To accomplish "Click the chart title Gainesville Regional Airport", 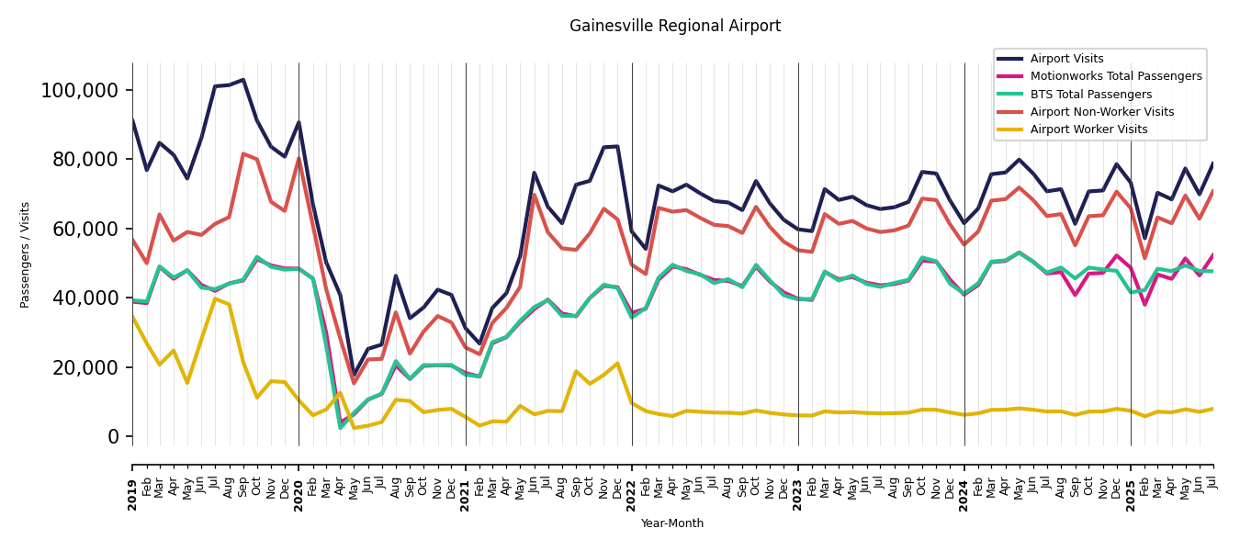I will (674, 27).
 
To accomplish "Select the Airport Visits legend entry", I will (1066, 59).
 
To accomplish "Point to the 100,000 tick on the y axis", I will (80, 90).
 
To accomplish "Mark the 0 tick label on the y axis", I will (114, 437).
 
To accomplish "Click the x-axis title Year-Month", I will (672, 523).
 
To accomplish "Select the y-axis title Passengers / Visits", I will (26, 254).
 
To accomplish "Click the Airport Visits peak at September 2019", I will (243, 80).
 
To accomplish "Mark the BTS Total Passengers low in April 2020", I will (340, 428).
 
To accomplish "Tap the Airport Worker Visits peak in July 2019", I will (215, 298).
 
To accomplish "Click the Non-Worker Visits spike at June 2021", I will (534, 195).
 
